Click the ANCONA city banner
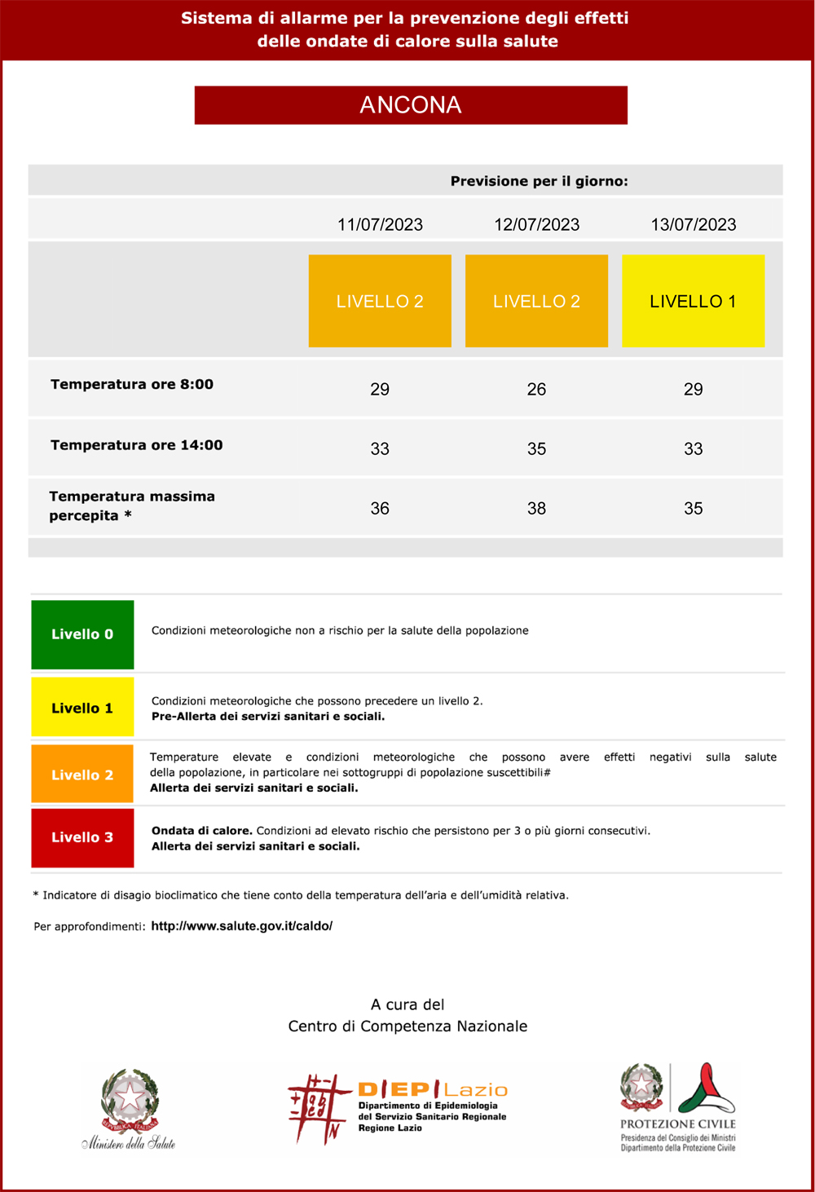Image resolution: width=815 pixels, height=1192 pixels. point(411,105)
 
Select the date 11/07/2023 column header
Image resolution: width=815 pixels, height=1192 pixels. point(380,224)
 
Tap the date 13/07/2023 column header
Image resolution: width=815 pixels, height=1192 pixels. point(693,224)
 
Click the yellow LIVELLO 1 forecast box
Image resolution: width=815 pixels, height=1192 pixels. point(693,301)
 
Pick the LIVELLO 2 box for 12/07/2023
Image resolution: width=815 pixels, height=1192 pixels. point(536,301)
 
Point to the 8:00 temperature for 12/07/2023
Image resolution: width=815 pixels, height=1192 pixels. point(536,389)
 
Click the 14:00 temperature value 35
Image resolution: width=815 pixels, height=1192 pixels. point(536,448)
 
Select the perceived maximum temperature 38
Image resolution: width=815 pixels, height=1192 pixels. point(536,508)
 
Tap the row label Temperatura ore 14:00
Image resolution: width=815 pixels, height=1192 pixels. point(136,445)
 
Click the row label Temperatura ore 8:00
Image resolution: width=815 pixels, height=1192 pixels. point(132,384)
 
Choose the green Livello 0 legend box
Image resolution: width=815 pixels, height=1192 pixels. point(82,634)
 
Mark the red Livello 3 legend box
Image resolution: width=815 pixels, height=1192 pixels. point(82,837)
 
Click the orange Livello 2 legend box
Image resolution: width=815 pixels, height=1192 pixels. point(82,775)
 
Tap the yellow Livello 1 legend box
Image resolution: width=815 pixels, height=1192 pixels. point(82,708)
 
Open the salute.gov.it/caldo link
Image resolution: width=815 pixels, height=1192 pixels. point(241,926)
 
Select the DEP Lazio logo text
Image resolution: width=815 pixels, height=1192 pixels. point(432,1090)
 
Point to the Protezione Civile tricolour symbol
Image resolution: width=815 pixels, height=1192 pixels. point(706,1088)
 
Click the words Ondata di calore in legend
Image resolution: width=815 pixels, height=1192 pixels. point(201,831)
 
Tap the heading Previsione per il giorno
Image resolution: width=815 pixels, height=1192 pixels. point(539,181)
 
